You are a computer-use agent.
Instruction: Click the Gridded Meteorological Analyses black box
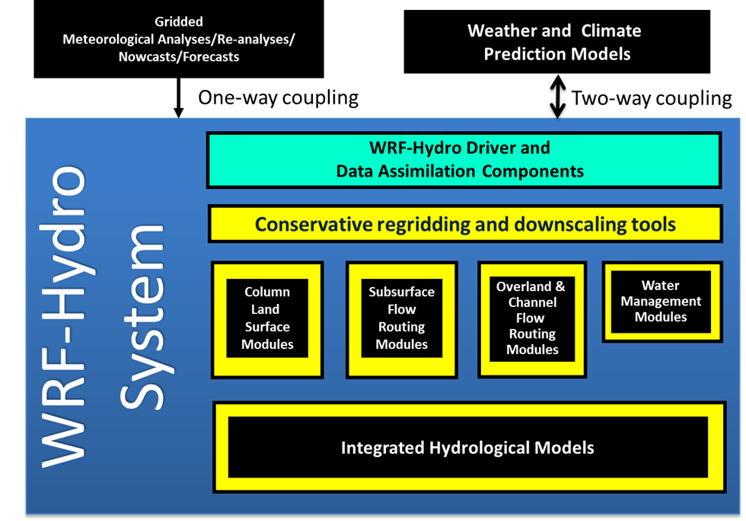179,40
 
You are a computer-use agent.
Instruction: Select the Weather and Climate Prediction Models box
556,42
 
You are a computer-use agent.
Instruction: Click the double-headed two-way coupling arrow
558,96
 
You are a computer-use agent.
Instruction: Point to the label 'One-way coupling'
278,97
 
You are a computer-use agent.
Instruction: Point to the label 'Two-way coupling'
652,97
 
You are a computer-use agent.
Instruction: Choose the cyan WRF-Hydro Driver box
464,160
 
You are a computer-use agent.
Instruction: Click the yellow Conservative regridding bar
464,224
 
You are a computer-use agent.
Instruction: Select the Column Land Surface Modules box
267,318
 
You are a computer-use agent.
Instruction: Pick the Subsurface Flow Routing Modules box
401,318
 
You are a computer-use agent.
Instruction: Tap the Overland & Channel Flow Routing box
532,318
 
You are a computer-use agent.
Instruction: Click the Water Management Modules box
661,302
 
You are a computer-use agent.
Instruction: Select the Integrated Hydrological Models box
467,447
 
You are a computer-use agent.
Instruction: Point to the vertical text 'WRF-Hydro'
65,312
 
